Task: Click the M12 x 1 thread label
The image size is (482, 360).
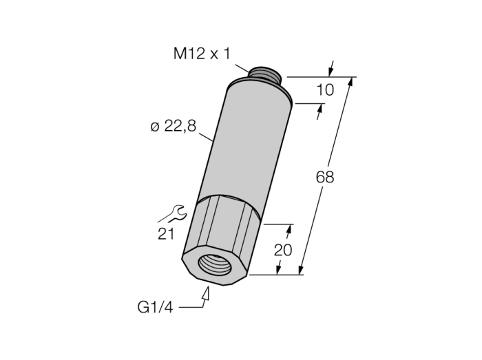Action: (202, 54)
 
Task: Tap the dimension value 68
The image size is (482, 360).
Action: (325, 178)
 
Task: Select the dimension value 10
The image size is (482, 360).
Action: (325, 90)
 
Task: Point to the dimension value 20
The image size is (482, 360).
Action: (283, 250)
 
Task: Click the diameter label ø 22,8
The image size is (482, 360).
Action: (173, 126)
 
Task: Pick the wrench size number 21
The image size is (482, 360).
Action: (166, 234)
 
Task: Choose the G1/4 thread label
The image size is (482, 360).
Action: (155, 307)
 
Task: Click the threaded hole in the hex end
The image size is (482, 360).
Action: (215, 264)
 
